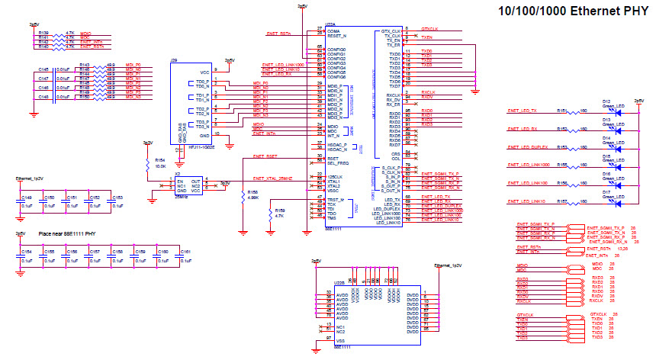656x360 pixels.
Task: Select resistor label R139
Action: click(x=43, y=34)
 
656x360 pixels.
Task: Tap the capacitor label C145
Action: click(x=43, y=69)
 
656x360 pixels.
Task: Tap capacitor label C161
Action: click(x=186, y=250)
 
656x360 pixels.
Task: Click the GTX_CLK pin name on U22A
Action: click(x=391, y=31)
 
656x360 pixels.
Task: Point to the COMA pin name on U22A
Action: click(x=333, y=31)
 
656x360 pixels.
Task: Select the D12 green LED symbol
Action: click(x=618, y=112)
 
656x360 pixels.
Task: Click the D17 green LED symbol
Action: click(x=618, y=204)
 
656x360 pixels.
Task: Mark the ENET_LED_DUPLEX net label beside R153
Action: click(x=526, y=147)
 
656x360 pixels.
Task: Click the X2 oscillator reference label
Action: click(x=177, y=175)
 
